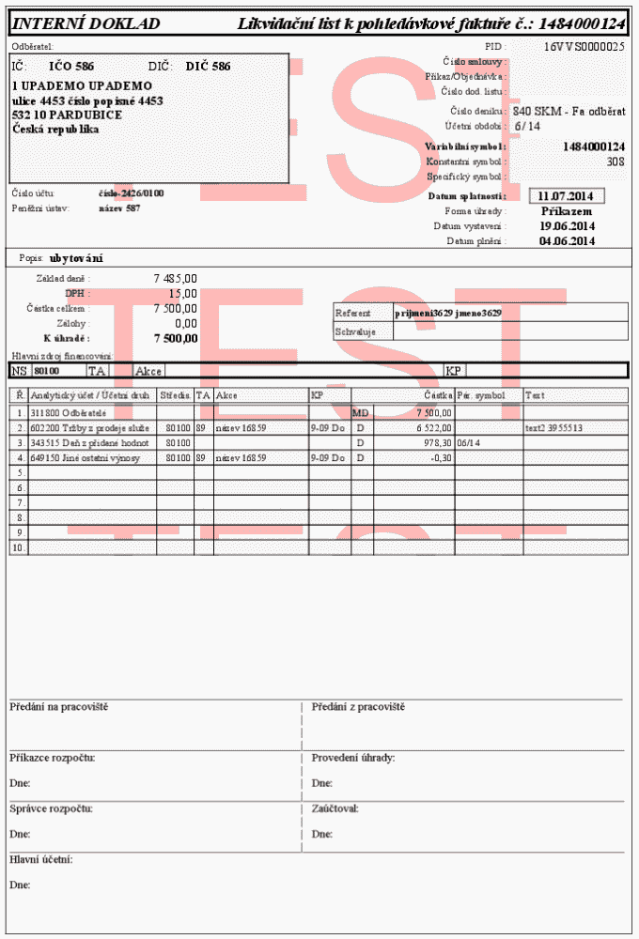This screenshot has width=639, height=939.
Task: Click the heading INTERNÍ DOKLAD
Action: tap(86, 24)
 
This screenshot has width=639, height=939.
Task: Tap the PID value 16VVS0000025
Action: tap(584, 46)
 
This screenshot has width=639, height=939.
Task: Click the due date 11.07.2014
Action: tap(567, 196)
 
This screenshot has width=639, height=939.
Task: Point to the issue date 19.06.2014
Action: tap(567, 226)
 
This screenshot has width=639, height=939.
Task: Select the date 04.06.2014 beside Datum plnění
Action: tap(567, 241)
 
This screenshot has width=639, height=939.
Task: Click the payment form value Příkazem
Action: tap(567, 211)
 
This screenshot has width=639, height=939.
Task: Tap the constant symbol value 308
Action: tap(616, 162)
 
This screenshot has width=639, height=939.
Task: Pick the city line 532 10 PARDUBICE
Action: tap(67, 115)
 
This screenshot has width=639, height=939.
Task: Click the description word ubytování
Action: tap(76, 258)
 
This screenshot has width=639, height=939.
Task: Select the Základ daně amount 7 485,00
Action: tap(175, 279)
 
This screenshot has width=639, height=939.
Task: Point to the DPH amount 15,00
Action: tap(183, 294)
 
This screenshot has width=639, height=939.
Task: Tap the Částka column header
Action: tap(439, 395)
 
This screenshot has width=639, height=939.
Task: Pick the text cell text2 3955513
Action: tap(554, 427)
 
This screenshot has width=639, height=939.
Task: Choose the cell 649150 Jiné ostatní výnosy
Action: tap(86, 457)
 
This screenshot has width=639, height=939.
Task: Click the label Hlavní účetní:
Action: tap(41, 859)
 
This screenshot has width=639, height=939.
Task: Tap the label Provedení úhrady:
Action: tap(353, 757)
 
